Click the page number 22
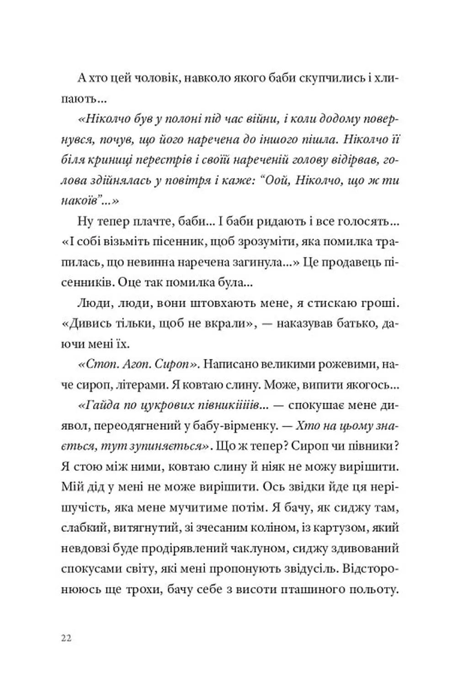(x=66, y=638)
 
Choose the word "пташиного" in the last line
(x=326, y=589)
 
